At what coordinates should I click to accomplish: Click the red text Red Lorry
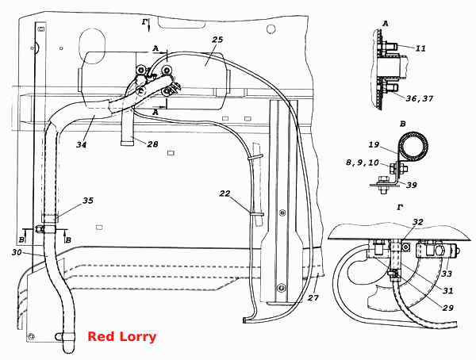click(x=121, y=337)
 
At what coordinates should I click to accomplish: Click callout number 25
click(x=217, y=40)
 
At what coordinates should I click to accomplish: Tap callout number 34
click(x=82, y=144)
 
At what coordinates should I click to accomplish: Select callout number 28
click(x=152, y=144)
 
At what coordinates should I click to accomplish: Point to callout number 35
click(x=88, y=201)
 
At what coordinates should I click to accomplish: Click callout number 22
click(x=225, y=193)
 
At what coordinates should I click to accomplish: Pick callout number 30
click(x=17, y=251)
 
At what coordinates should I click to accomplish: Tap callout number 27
click(x=313, y=298)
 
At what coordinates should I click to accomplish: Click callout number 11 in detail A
click(x=420, y=48)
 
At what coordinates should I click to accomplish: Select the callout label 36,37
click(x=420, y=98)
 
